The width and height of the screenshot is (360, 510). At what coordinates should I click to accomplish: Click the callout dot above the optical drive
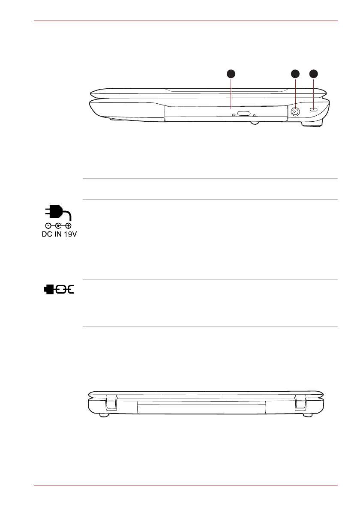[231, 74]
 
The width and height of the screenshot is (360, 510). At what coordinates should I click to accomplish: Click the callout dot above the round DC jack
[295, 74]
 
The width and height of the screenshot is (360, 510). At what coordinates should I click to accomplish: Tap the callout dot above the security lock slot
[313, 74]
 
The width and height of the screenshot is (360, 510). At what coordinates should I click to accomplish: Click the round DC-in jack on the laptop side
[295, 112]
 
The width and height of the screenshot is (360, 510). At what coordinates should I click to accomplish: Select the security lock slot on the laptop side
[314, 110]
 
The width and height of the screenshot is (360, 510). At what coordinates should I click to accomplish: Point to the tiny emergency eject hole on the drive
[254, 115]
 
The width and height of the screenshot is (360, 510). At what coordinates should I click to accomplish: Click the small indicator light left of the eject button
[234, 114]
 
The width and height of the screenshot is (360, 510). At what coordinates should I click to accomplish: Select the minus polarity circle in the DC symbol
[48, 225]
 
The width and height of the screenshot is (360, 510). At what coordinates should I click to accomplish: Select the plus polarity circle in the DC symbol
[68, 225]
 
